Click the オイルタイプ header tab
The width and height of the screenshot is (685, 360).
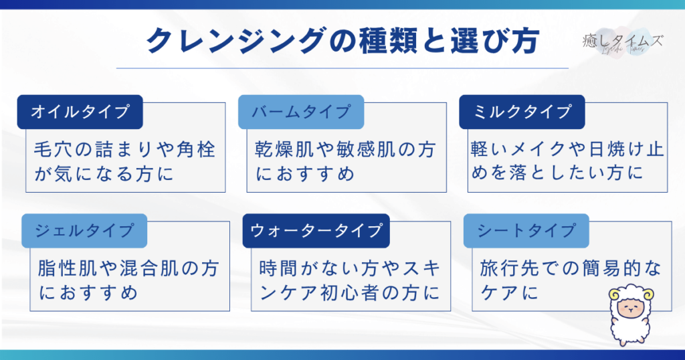tap(80, 112)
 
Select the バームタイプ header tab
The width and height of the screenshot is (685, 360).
tap(301, 112)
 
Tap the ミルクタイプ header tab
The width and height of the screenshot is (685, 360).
tap(522, 112)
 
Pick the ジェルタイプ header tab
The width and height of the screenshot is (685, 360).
tap(84, 231)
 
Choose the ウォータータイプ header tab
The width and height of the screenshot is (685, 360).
tap(316, 231)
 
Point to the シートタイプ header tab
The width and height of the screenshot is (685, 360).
tap(526, 231)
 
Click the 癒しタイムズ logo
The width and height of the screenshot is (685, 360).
tap(623, 42)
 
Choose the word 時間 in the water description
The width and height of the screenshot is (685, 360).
tap(278, 268)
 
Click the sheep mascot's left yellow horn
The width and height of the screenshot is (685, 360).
tap(615, 295)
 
